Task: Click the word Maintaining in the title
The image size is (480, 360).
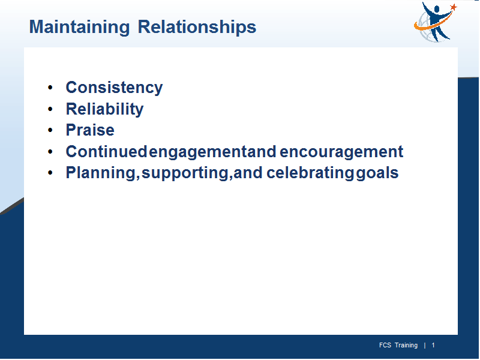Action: tap(79, 27)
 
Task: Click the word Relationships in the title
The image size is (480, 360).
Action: tap(197, 27)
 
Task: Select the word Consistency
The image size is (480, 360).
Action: tap(114, 88)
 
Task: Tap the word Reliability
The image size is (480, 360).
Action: tap(104, 109)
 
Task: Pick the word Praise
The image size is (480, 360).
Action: tap(90, 130)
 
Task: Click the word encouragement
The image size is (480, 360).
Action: tap(341, 152)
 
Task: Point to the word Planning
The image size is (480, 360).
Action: tap(101, 173)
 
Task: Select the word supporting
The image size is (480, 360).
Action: tap(185, 173)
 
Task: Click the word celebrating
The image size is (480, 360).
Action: tap(310, 173)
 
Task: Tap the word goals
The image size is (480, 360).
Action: tap(377, 173)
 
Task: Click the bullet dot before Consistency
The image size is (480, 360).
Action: tap(50, 88)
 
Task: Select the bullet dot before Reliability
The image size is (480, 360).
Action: tap(50, 109)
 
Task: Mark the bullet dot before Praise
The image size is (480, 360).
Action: tap(50, 130)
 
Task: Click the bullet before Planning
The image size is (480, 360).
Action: tap(50, 173)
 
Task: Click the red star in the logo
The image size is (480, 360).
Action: tap(454, 7)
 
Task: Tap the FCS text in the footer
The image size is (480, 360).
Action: tap(385, 346)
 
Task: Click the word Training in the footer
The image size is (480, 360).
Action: tap(406, 346)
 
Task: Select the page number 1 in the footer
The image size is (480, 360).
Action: tap(433, 346)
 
